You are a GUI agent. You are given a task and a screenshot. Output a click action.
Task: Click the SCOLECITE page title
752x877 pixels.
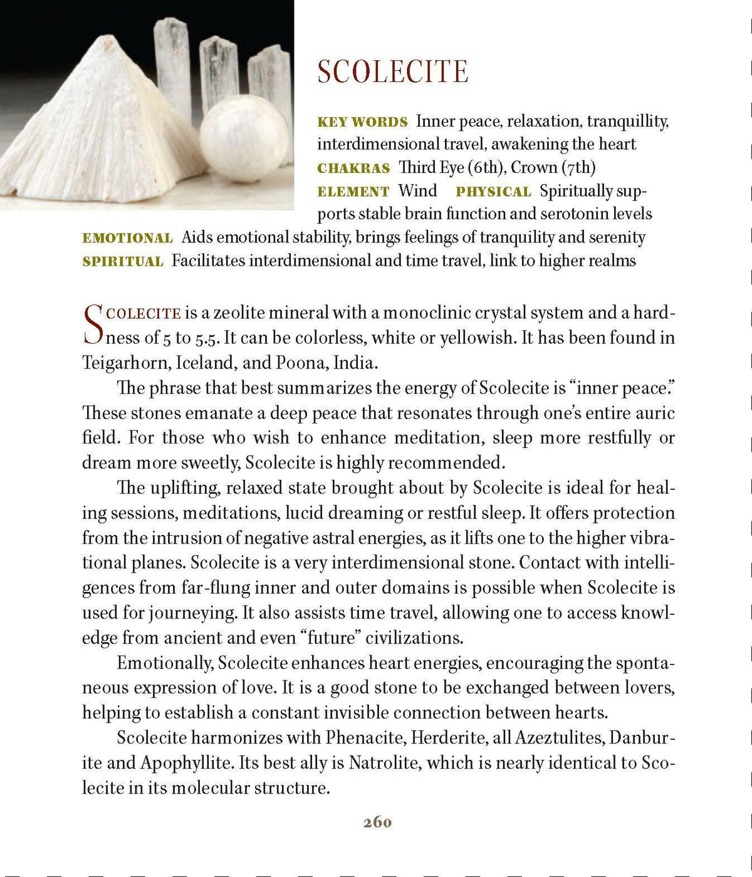pyautogui.click(x=393, y=71)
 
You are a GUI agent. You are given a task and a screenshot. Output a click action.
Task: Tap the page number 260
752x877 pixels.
pyautogui.click(x=377, y=822)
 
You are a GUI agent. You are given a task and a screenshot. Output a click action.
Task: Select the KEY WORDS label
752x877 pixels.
pyautogui.click(x=362, y=122)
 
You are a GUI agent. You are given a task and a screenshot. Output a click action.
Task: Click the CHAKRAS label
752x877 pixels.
pyautogui.click(x=353, y=168)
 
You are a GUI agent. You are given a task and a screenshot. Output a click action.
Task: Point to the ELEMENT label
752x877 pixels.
pyautogui.click(x=353, y=192)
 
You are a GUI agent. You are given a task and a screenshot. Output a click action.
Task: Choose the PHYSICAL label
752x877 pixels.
pyautogui.click(x=493, y=192)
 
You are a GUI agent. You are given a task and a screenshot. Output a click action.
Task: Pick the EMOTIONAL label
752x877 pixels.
pyautogui.click(x=127, y=238)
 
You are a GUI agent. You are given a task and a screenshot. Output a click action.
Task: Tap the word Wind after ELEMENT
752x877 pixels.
pyautogui.click(x=417, y=191)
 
